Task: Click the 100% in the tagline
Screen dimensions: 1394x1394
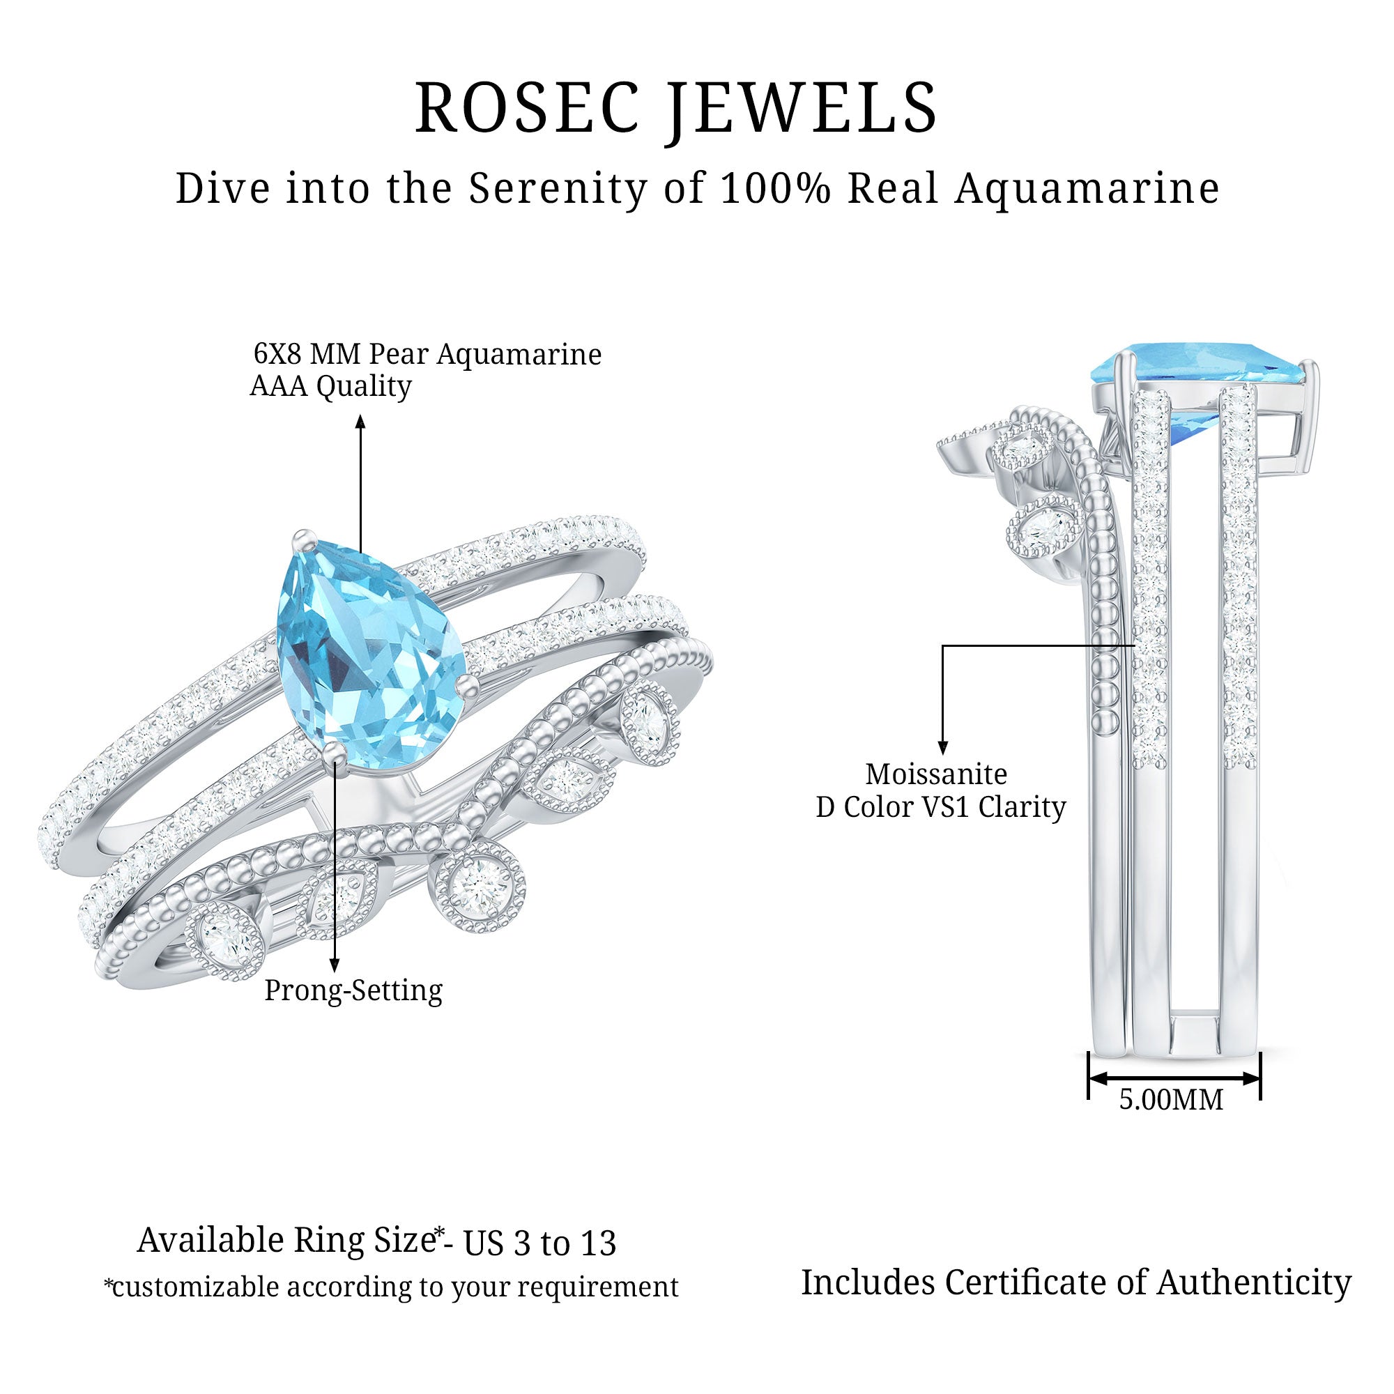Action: pos(775,189)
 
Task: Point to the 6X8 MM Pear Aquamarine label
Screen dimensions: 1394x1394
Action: pos(427,354)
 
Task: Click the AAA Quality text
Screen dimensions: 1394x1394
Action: pos(330,387)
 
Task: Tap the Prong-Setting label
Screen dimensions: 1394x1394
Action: pos(353,990)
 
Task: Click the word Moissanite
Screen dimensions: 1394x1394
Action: pos(936,774)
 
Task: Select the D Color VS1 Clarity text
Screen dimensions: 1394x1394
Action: pos(940,807)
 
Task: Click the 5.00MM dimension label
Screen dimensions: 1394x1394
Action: pos(1171,1100)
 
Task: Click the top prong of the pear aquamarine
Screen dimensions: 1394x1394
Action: pos(304,537)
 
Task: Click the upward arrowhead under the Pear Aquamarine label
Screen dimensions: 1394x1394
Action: pos(360,422)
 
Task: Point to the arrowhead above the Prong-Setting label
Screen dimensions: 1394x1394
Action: pos(334,965)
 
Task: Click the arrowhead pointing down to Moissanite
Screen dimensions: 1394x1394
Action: pos(942,747)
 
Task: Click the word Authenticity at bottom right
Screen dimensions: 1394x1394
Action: pos(1254,1284)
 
